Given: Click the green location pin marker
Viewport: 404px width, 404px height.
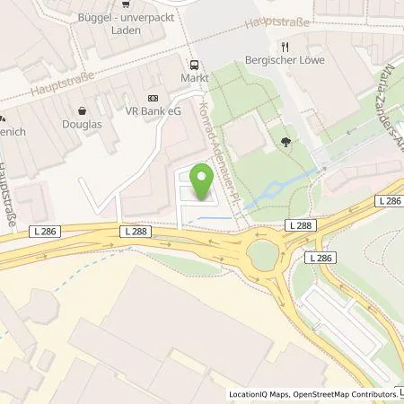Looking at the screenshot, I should point(201,185).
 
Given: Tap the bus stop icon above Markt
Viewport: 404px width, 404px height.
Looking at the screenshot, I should point(193,64).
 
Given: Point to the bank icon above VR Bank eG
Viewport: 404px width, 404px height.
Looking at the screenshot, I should point(152,98).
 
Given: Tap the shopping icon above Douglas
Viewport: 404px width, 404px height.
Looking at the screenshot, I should point(83,111).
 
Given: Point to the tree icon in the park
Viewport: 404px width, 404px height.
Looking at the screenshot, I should point(285,140).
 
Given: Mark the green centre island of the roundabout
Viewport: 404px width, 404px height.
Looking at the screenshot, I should point(262,255).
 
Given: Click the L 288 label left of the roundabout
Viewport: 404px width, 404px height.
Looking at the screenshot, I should point(138,232).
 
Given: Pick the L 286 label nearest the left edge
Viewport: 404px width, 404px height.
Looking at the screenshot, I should point(26,232).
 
